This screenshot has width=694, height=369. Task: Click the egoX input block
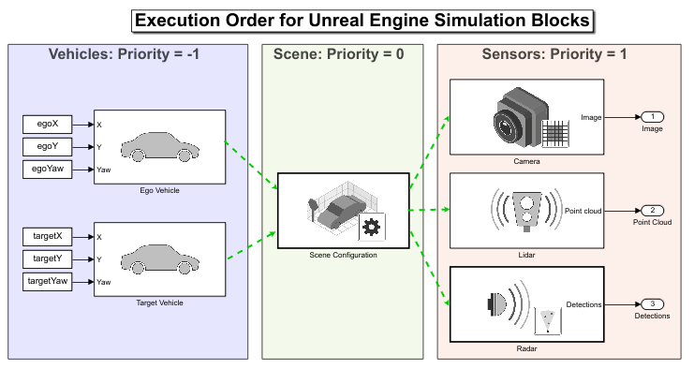(48, 125)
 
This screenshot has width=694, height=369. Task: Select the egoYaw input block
(48, 170)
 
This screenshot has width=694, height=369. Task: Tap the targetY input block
(48, 258)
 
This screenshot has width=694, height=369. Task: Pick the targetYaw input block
(48, 281)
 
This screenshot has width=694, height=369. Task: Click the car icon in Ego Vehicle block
(160, 146)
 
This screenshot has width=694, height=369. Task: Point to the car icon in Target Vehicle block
(160, 258)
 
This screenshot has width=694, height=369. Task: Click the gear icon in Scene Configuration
(371, 228)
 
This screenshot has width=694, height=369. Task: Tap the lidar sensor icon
(526, 211)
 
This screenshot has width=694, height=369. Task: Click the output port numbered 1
(653, 117)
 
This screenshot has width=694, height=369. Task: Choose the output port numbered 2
(653, 211)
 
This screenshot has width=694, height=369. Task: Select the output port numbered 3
(653, 304)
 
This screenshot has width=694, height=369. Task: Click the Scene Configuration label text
(343, 255)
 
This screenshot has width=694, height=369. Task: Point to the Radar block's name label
(526, 348)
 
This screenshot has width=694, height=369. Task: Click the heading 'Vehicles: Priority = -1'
(124, 54)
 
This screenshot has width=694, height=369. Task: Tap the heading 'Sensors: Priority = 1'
(554, 54)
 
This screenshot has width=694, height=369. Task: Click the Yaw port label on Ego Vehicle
(104, 170)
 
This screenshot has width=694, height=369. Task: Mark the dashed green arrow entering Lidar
(430, 210)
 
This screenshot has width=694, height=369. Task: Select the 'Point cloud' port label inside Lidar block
(583, 211)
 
